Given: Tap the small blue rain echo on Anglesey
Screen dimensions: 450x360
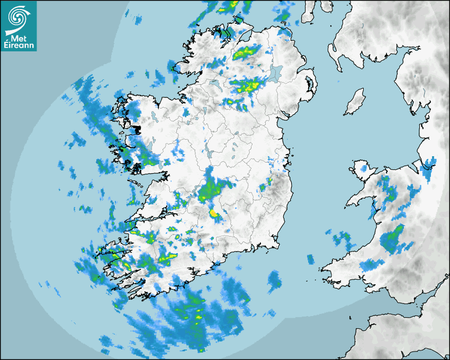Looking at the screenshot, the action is click(x=363, y=168).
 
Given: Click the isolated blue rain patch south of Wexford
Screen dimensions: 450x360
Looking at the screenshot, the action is click(x=274, y=280).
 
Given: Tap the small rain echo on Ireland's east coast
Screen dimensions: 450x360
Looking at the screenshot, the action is click(x=269, y=182).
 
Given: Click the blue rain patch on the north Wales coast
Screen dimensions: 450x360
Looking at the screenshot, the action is click(x=427, y=167).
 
